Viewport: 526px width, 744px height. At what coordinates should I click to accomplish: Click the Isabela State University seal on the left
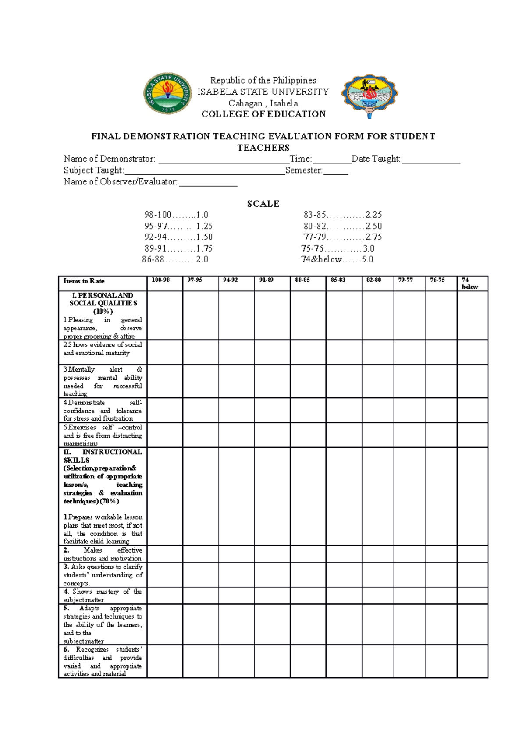click(x=167, y=93)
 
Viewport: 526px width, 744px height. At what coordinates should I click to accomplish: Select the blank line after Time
click(x=332, y=160)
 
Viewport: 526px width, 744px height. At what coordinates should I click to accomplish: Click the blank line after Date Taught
click(x=431, y=160)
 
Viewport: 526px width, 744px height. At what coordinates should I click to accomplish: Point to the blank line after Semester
click(x=336, y=171)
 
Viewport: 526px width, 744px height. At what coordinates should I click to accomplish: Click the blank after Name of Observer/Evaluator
click(x=208, y=183)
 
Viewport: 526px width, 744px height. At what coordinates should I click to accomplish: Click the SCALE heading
click(x=263, y=204)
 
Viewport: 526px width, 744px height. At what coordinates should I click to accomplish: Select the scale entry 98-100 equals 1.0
click(x=176, y=215)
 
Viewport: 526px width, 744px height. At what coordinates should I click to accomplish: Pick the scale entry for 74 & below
click(x=337, y=259)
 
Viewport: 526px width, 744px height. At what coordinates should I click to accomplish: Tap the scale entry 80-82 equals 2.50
click(x=343, y=226)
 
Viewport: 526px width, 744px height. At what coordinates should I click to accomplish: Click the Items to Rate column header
click(x=84, y=281)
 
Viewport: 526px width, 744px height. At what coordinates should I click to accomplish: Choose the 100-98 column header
click(x=161, y=280)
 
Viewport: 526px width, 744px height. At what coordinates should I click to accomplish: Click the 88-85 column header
click(x=303, y=280)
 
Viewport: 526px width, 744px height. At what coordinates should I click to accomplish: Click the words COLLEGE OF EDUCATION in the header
click(x=263, y=114)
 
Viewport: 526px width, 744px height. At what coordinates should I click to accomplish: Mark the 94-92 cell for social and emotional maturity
click(x=236, y=352)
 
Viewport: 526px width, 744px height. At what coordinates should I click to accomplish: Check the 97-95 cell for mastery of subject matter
click(x=200, y=595)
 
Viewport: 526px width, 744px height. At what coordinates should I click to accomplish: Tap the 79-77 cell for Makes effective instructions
click(x=409, y=554)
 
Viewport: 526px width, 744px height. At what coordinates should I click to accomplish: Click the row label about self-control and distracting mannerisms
click(x=103, y=435)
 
